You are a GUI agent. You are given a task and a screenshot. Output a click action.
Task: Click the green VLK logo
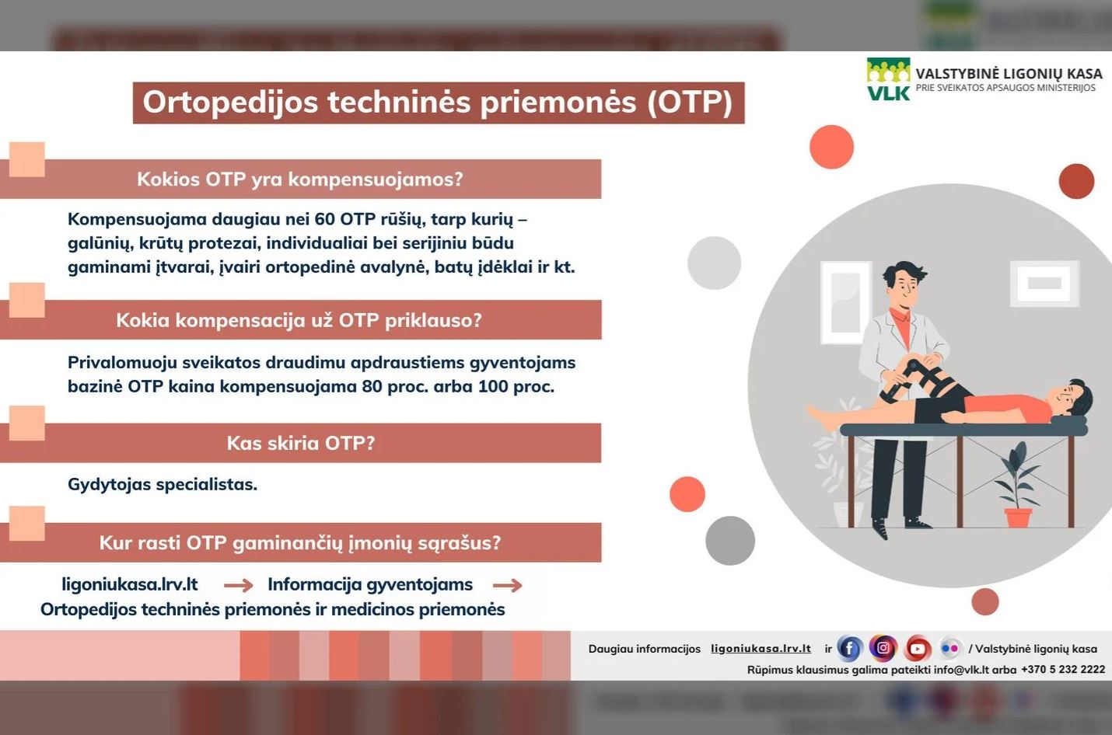tap(888, 78)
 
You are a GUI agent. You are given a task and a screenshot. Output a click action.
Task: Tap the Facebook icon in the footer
tap(849, 648)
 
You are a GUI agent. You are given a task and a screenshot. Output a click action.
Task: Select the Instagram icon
tap(883, 648)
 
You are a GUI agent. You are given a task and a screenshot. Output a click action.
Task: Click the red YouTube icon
tap(917, 648)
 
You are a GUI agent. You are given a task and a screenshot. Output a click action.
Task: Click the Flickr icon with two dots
tap(949, 648)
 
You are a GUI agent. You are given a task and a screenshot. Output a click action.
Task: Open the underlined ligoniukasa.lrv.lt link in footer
tap(761, 649)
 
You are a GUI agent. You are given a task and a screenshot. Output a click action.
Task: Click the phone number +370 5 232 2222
tap(1063, 670)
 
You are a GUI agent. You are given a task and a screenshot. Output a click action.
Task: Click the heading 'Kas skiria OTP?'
tap(301, 443)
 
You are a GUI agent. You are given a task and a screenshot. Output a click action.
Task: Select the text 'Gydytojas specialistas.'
tap(163, 485)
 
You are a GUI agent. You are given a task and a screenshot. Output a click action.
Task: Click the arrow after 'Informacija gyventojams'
tap(507, 586)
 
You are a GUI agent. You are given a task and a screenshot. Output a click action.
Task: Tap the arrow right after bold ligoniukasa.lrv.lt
tap(238, 586)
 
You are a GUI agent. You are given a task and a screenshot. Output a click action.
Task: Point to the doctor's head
tap(904, 282)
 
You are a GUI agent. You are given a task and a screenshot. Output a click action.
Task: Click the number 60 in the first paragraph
tap(325, 219)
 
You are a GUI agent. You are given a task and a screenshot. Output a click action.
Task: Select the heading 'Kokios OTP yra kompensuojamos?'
tap(300, 179)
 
